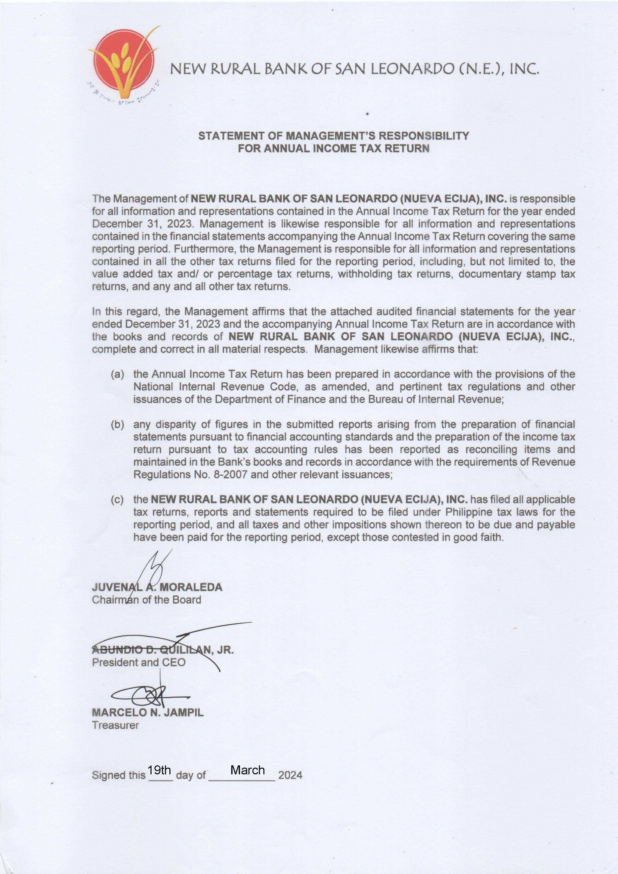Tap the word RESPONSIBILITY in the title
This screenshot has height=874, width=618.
(423, 136)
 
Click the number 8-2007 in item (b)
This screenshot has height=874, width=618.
(229, 475)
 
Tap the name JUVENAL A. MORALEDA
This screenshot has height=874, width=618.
(157, 587)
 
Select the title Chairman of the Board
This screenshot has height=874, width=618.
(146, 600)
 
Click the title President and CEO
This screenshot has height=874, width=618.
(139, 662)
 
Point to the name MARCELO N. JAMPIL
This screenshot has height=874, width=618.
(148, 712)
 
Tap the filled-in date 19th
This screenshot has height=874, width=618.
(159, 770)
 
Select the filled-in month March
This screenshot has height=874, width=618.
(247, 770)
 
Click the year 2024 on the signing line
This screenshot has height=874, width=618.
(290, 775)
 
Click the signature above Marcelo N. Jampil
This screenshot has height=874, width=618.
(151, 695)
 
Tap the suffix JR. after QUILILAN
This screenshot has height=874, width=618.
(225, 650)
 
